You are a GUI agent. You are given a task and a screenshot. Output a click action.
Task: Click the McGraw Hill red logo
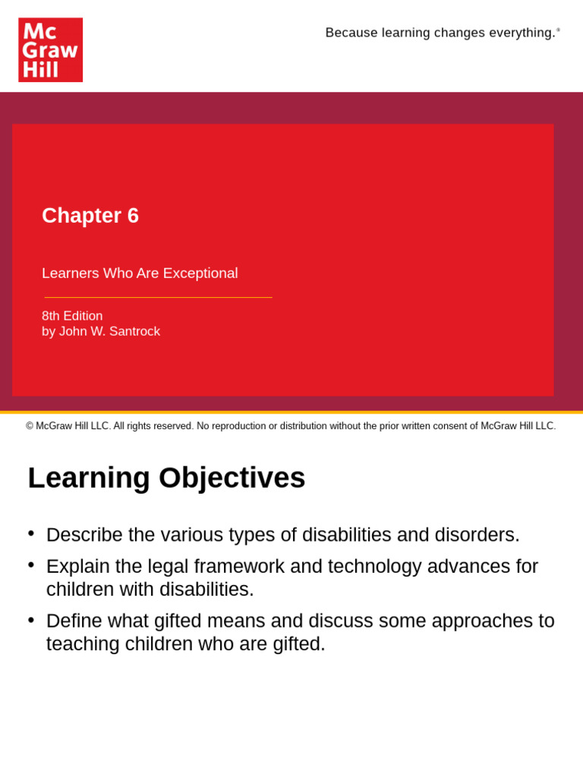(x=50, y=50)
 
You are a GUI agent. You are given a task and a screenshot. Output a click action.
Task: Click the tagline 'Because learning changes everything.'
(x=440, y=33)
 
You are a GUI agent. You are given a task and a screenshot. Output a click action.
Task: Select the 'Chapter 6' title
(x=90, y=216)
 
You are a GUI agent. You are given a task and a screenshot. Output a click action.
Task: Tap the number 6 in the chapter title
(x=133, y=216)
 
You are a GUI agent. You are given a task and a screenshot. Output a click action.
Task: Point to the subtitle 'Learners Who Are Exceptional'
(x=140, y=274)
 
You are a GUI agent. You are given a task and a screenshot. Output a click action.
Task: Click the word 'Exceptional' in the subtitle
(x=200, y=274)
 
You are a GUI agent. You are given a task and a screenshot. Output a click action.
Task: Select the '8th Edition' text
(x=72, y=316)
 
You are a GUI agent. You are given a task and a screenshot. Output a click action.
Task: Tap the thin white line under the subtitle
(x=158, y=297)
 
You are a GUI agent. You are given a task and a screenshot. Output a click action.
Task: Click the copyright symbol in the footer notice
(x=30, y=426)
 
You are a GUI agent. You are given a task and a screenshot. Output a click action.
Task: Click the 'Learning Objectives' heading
(x=166, y=478)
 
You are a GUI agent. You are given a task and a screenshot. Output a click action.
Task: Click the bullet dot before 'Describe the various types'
(x=31, y=533)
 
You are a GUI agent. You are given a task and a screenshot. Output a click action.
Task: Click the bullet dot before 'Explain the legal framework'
(x=31, y=565)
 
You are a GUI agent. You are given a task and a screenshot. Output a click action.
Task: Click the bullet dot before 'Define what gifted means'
(x=31, y=619)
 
